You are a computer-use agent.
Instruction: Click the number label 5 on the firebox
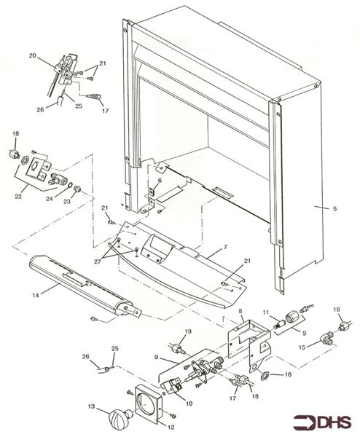tap(334, 209)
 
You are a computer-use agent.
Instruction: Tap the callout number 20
tap(33, 55)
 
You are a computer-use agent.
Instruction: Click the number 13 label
tap(91, 406)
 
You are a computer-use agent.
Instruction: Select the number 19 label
tap(187, 331)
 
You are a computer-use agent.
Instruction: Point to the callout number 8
tap(240, 312)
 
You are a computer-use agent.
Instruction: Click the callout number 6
tap(160, 181)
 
